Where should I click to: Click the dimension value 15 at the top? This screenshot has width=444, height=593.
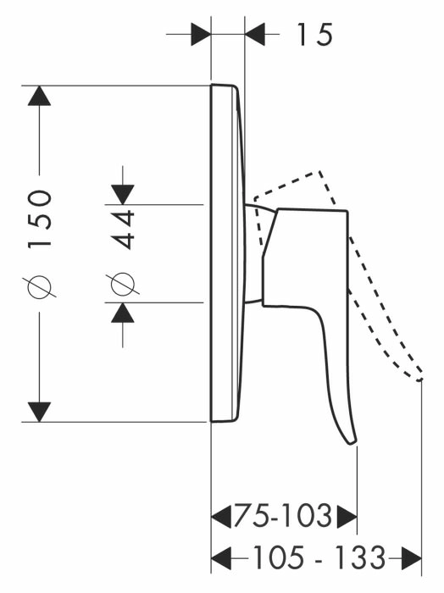point(314,35)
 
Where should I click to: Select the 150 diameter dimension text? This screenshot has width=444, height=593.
point(39,219)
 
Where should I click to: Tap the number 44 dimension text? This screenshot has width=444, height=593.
point(124,230)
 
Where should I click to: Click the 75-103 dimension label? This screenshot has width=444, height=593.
point(283,516)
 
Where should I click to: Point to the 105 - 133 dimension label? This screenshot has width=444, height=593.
point(319,557)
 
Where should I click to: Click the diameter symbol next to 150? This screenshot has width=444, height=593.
point(39,286)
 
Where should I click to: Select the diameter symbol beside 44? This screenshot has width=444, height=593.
point(123,284)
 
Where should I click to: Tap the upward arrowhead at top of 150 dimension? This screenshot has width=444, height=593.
point(39,96)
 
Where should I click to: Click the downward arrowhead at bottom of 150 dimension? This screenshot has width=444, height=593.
point(39,412)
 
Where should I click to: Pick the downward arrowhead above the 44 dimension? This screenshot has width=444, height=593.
point(123,195)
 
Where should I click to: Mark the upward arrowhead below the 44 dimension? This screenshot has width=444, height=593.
point(123,313)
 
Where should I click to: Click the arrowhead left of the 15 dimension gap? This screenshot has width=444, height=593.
point(201,35)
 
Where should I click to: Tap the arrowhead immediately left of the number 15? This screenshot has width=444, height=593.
point(255,35)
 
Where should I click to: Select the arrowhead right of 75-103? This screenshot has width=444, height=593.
point(347,516)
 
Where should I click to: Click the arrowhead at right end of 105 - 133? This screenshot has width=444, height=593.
point(411,557)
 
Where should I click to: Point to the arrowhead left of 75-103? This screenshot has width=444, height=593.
point(221,516)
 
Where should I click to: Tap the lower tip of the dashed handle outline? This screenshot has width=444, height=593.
point(419,380)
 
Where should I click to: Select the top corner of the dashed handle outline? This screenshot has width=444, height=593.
point(320,172)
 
